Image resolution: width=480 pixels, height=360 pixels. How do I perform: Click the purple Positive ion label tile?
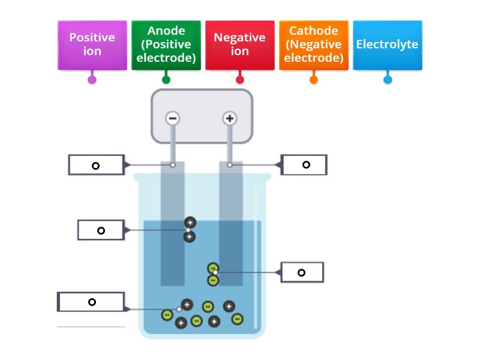[92, 44]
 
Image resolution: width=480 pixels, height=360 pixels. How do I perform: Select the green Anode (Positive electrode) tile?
[166, 44]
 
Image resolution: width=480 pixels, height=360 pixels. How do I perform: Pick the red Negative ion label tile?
[240, 44]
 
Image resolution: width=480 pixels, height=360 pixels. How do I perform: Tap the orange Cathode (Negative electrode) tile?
[314, 44]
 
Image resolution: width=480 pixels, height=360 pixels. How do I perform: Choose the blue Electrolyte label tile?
[388, 44]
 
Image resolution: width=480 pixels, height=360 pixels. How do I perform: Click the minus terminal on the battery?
[173, 118]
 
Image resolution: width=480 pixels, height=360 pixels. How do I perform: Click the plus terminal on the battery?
[229, 118]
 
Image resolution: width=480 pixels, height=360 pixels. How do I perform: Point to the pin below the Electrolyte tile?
[388, 79]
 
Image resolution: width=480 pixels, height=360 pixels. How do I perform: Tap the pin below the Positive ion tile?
[92, 79]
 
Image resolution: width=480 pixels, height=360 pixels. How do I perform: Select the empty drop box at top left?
[96, 165]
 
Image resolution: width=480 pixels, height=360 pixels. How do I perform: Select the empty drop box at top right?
[305, 164]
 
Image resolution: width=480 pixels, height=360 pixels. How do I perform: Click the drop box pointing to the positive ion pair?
[101, 230]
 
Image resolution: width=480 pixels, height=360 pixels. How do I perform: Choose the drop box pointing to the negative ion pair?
[302, 272]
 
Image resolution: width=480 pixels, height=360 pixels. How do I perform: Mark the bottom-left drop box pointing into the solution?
[91, 302]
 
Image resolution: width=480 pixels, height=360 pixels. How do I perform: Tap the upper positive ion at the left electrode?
[190, 223]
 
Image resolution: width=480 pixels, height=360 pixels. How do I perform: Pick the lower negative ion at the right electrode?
[213, 280]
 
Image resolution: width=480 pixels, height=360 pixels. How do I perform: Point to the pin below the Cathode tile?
[314, 79]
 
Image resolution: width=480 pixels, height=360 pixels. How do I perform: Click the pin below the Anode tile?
[166, 79]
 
